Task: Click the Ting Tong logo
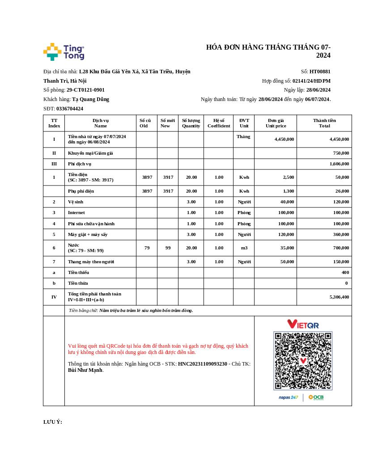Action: click(64, 52)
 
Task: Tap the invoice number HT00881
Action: click(320, 72)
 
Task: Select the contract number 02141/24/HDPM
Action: click(311, 81)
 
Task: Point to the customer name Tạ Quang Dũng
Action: click(90, 99)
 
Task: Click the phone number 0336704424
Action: click(70, 109)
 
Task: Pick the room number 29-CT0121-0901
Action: click(85, 90)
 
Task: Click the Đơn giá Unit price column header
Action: click(276, 123)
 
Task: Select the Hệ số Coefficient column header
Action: click(219, 123)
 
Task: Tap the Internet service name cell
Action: click(76, 213)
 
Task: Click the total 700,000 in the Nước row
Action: click(341, 248)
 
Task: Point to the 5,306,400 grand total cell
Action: click(339, 297)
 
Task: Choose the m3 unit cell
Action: click(244, 248)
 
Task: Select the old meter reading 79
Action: click(147, 248)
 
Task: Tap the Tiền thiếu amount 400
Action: click(345, 273)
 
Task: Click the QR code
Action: click(303, 361)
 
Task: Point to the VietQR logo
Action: click(303, 324)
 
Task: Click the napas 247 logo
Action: click(288, 397)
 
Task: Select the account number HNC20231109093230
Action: click(202, 364)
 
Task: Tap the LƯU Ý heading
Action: click(53, 422)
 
